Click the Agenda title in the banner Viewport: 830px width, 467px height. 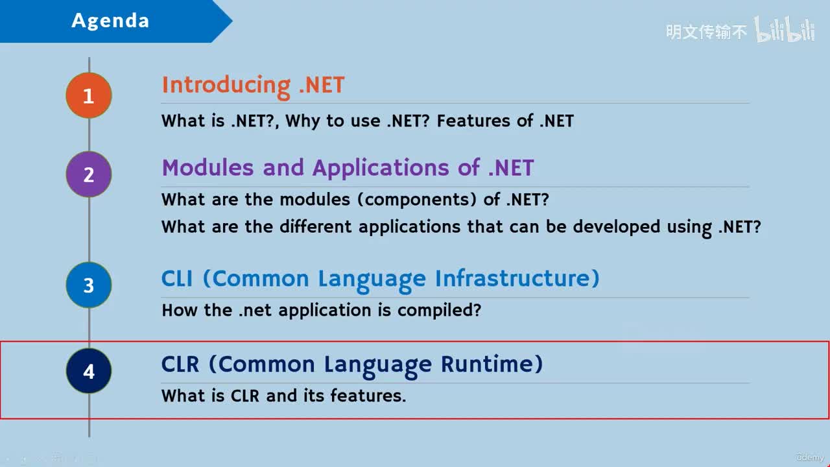110,21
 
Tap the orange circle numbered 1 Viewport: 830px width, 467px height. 89,95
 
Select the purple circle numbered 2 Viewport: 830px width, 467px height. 89,174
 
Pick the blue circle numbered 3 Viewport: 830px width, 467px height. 89,285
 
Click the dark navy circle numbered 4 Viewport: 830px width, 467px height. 89,371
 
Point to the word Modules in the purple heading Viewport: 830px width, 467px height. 208,167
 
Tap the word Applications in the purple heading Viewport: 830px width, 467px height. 381,169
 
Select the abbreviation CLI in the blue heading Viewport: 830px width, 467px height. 177,279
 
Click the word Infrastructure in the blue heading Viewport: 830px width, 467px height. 517,279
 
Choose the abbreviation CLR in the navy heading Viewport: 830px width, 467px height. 180,365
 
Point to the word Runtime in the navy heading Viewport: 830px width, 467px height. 492,365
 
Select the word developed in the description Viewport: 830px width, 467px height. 617,227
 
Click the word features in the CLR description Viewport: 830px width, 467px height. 368,396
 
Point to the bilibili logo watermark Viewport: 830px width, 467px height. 785,29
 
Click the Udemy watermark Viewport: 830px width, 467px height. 810,457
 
